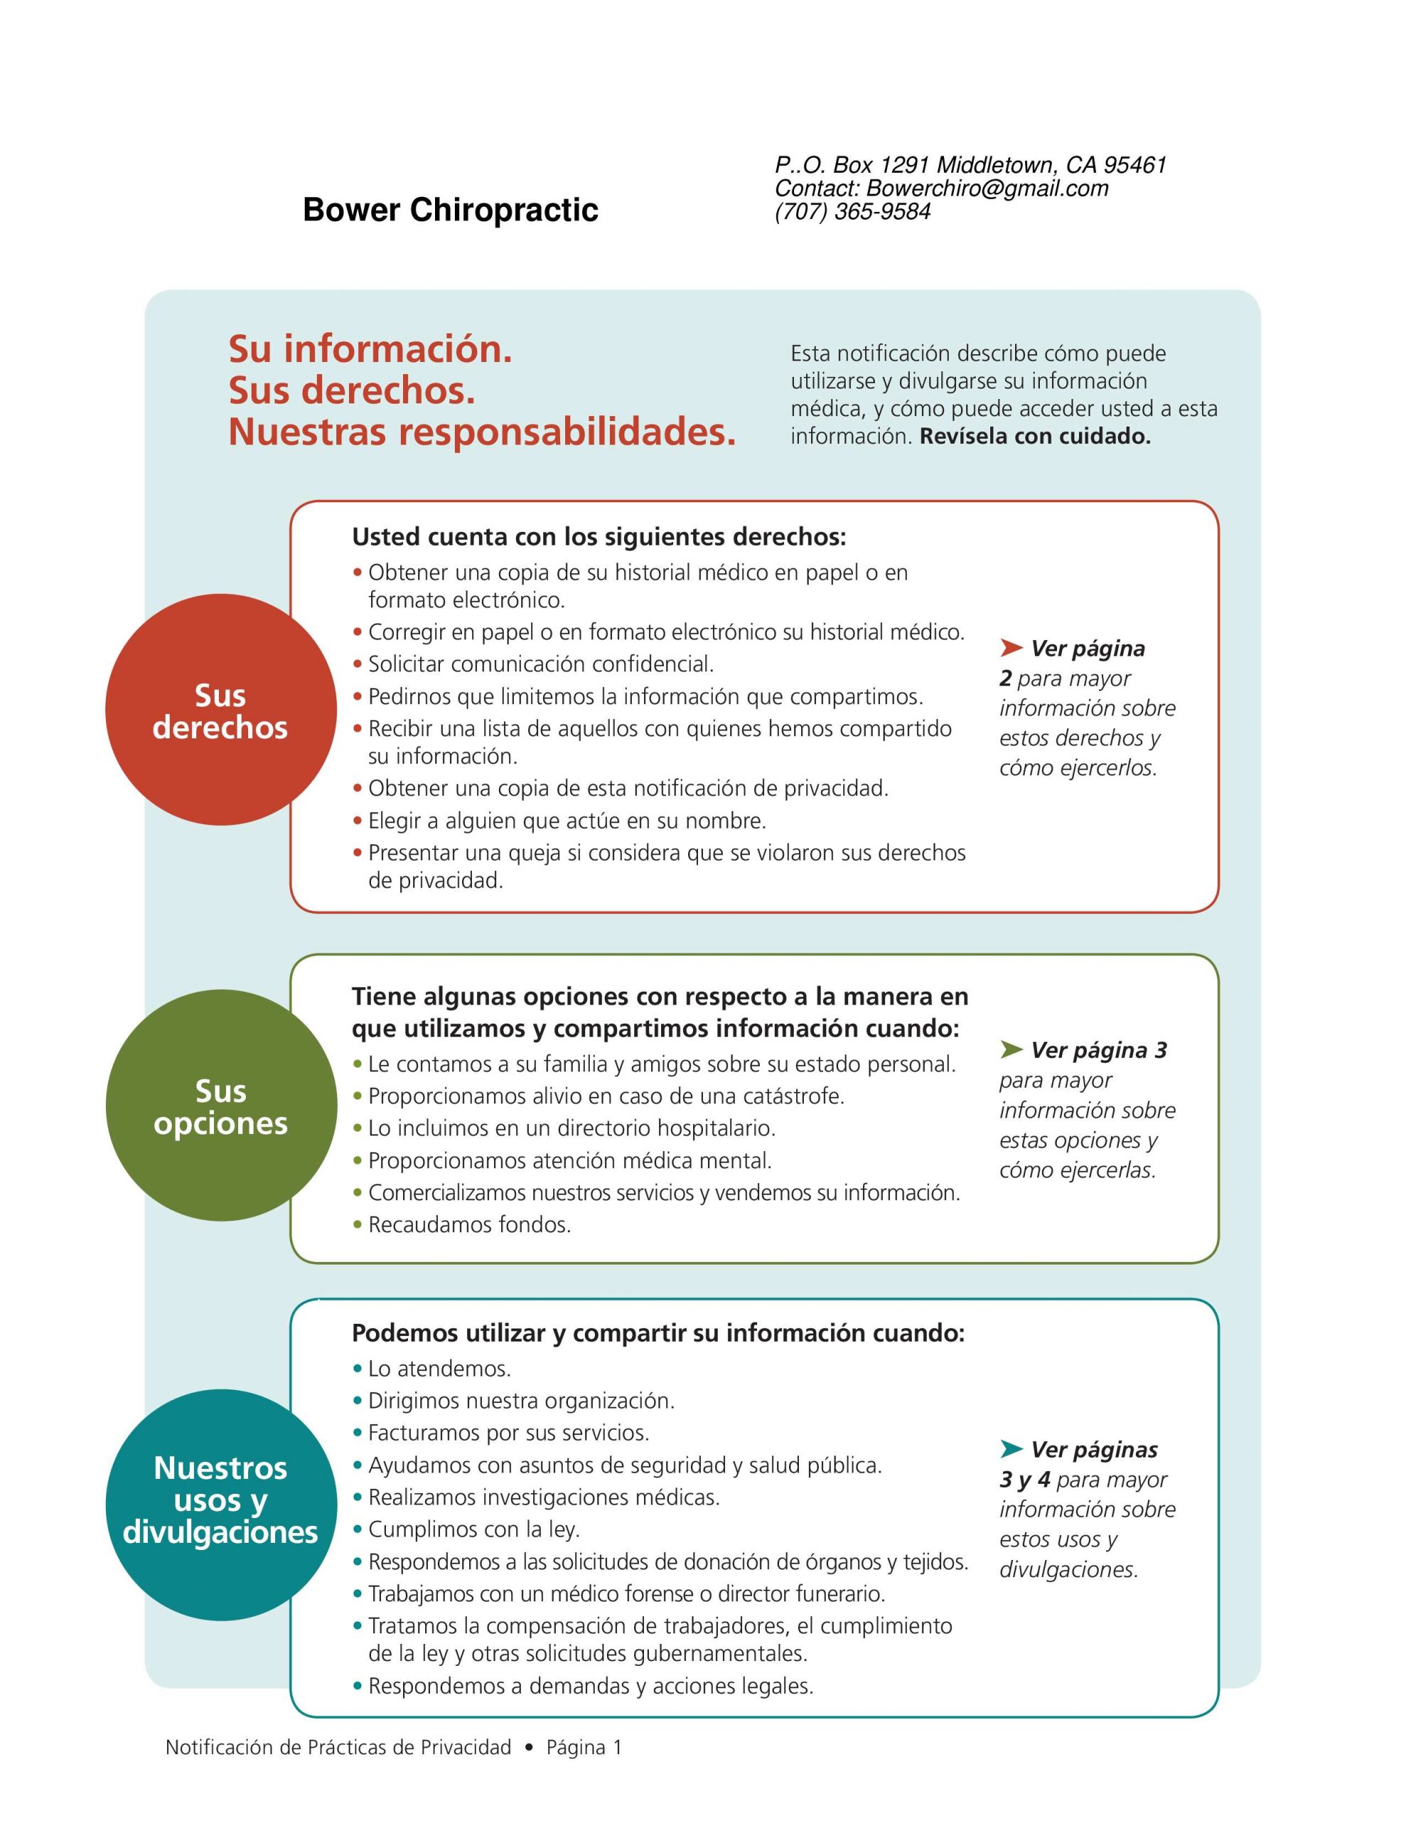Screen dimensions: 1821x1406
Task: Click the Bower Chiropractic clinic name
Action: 450,209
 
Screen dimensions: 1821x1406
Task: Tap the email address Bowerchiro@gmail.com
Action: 987,189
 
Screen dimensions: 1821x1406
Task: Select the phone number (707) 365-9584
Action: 852,212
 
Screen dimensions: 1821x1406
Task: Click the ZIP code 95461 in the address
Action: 1134,165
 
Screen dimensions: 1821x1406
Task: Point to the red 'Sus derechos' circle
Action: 220,711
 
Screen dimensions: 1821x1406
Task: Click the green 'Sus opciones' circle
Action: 221,1105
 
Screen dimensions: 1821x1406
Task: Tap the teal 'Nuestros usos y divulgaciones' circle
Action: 221,1505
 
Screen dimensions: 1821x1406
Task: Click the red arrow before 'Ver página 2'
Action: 1011,648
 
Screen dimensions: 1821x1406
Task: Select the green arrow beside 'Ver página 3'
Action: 1011,1049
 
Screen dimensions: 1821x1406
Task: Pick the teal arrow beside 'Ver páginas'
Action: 1011,1448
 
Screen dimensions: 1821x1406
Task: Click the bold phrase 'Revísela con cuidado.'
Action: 1034,436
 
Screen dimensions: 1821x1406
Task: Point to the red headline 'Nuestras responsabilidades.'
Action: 482,432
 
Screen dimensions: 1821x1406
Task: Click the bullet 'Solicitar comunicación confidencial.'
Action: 541,664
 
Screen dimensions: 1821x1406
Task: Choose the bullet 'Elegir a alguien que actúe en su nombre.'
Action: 567,822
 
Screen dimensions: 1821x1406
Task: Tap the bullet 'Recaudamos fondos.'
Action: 469,1225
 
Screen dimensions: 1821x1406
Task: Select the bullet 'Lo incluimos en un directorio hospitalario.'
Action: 571,1128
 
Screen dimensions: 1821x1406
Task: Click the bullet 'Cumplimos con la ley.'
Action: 473,1529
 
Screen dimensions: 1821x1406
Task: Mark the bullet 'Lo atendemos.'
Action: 439,1369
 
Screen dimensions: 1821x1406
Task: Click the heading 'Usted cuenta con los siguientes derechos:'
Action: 599,537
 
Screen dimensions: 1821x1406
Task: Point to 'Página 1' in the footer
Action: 584,1748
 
